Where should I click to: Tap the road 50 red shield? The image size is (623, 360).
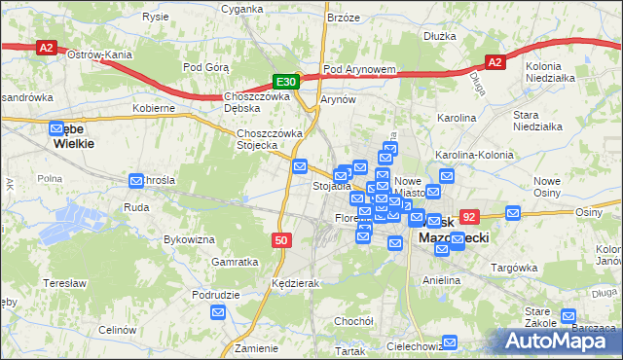[x=280, y=239]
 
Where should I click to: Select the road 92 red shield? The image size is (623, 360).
[x=470, y=218]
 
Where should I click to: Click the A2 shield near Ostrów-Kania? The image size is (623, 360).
[x=46, y=47]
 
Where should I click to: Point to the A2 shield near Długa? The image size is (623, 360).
[x=495, y=62]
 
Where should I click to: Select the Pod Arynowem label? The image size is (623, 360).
[x=359, y=70]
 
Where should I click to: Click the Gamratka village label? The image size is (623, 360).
[x=235, y=262]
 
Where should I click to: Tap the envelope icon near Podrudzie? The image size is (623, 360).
[x=218, y=312]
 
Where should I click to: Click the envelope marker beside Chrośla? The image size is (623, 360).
[x=136, y=180]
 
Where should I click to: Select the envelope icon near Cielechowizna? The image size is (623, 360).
[x=449, y=342]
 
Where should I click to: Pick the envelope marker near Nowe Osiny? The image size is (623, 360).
[x=513, y=212]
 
